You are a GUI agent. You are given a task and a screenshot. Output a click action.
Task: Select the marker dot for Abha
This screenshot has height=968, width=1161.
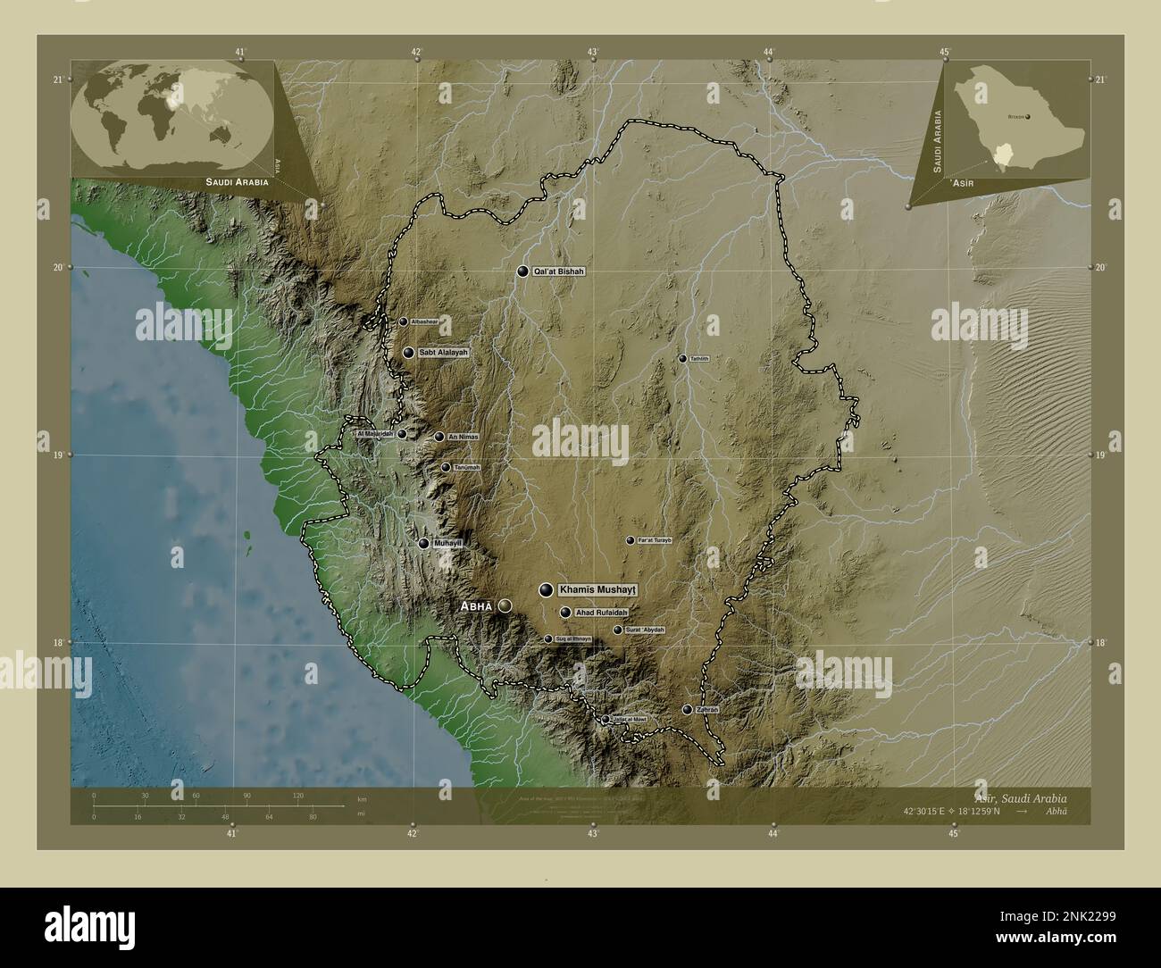point(505,605)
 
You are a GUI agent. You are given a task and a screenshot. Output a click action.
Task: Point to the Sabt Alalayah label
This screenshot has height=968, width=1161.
point(443,354)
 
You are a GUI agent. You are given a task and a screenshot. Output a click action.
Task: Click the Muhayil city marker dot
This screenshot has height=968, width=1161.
point(424,543)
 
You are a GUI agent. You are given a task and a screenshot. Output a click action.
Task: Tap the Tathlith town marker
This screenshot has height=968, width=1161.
point(682,359)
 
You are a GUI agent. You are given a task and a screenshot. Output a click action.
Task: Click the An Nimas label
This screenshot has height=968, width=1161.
point(464,437)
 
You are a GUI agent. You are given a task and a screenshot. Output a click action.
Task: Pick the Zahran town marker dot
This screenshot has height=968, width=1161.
point(687,710)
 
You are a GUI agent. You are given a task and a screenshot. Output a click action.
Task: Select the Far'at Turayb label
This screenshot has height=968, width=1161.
point(654,540)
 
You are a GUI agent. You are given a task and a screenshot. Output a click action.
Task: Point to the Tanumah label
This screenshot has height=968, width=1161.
point(466,467)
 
